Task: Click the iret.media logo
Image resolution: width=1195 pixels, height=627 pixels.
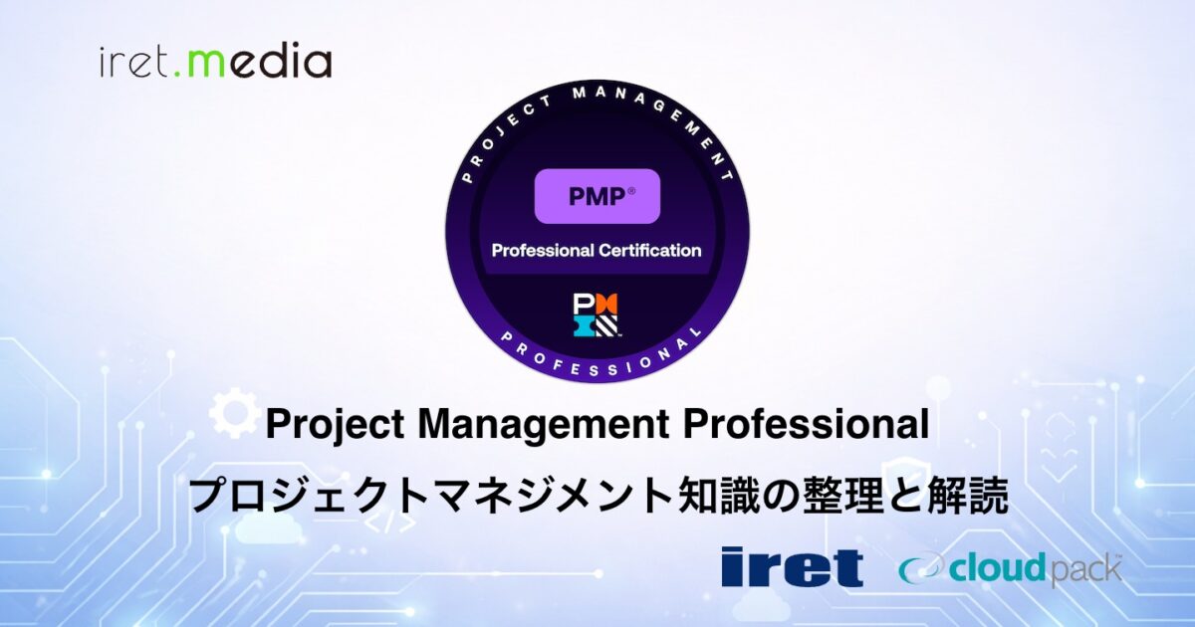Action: point(215,62)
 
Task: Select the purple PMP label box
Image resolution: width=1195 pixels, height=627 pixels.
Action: point(597,196)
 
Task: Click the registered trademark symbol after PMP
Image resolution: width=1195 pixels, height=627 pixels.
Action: point(631,189)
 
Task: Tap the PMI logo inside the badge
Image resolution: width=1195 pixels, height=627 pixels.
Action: point(596,314)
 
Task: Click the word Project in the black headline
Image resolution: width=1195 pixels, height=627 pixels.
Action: point(335,425)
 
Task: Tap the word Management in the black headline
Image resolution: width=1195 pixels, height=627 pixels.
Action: point(544,425)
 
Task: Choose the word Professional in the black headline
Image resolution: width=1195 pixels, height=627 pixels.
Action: point(806,424)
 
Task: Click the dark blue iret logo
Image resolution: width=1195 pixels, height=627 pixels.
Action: point(793,566)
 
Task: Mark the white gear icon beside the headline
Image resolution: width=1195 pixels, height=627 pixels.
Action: point(230,413)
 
